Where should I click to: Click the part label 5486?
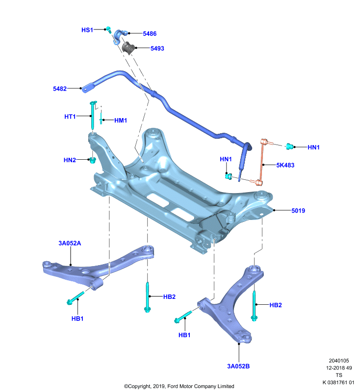point(150,33)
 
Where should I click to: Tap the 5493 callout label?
point(157,48)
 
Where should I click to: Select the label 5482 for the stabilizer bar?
point(60,89)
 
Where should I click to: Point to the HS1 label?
point(87,30)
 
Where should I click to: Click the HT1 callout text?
point(70,117)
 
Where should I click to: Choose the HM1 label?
point(121,120)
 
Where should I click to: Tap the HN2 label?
point(70,160)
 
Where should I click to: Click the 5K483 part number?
point(285,165)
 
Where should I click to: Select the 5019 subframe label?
point(298,211)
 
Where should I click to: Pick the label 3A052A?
point(70,243)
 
